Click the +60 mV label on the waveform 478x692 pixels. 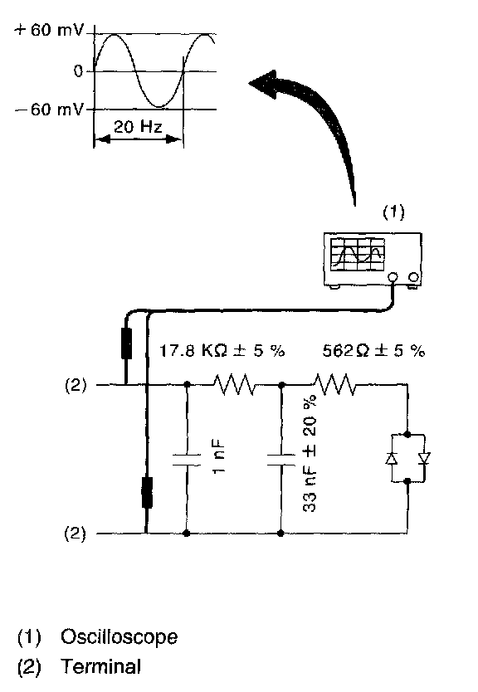click(x=49, y=30)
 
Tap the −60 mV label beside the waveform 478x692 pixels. click(x=49, y=109)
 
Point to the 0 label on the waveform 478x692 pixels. click(x=78, y=71)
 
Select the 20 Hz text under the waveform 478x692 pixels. click(x=138, y=127)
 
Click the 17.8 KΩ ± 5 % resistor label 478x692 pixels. click(x=222, y=351)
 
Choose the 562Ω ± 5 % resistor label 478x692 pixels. click(x=373, y=351)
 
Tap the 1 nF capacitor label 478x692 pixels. click(x=219, y=457)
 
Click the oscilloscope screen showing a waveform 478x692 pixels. click(x=357, y=255)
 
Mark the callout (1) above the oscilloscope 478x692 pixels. click(x=393, y=212)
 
